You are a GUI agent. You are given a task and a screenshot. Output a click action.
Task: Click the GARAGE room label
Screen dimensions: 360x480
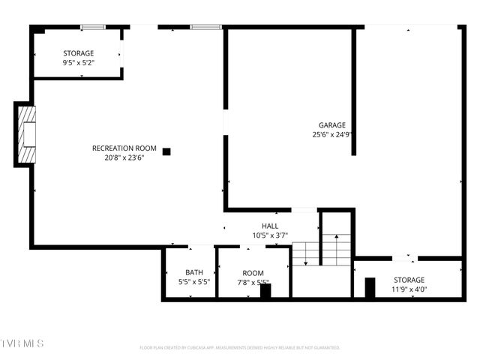[x=332, y=125]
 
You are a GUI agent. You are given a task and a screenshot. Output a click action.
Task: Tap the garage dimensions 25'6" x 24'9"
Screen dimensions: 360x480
[x=332, y=135]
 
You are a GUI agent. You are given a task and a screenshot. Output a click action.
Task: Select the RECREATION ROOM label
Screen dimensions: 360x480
[x=124, y=148]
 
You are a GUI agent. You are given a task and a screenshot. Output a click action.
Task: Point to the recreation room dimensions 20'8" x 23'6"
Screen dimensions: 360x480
[x=124, y=158]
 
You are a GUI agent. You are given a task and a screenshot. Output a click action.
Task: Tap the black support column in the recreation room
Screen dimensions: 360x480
[x=166, y=151]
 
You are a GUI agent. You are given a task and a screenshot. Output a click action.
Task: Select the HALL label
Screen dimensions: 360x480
[x=270, y=226]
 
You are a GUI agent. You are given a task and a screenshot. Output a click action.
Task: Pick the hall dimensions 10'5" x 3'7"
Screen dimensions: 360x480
[x=270, y=235]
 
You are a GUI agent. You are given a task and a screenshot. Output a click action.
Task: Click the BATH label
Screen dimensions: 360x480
[x=194, y=272]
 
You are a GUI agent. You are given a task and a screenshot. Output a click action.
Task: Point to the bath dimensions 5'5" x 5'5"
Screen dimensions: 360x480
[x=194, y=282]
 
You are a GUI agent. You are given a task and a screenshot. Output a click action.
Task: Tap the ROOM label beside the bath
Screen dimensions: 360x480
[x=253, y=273]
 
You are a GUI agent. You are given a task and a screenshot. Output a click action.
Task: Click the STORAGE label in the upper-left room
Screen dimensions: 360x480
[x=78, y=53]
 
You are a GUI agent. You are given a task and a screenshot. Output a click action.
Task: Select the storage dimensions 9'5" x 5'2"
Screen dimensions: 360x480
[x=78, y=63]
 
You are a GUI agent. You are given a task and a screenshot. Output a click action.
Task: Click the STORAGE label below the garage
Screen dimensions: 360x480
[x=409, y=280]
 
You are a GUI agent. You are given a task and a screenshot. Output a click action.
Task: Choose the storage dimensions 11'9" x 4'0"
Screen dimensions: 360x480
[x=409, y=289]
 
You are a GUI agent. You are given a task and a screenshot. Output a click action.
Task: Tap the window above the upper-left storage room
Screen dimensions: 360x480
[x=92, y=28]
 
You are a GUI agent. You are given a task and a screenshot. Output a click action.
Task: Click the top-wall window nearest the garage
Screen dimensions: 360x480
[x=205, y=28]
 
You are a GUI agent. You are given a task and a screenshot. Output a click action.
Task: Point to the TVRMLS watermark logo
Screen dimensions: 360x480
[x=22, y=343]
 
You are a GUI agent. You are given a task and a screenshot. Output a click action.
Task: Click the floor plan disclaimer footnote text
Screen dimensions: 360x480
[x=240, y=348]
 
